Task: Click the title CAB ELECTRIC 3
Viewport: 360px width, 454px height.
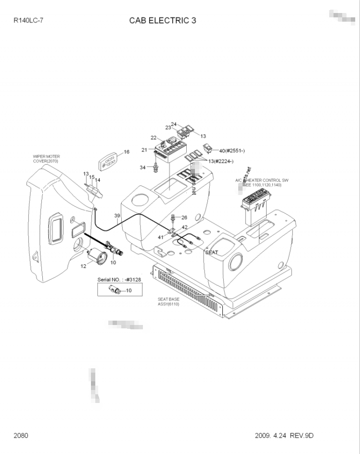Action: click(x=163, y=21)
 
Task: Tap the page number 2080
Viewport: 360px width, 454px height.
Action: click(x=21, y=436)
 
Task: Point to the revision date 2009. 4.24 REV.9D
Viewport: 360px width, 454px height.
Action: click(x=284, y=436)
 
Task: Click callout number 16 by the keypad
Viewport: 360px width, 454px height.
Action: click(x=127, y=152)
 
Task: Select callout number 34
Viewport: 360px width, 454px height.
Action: click(x=142, y=167)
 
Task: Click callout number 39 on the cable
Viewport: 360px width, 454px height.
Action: click(x=117, y=215)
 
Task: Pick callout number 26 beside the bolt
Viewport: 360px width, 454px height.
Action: click(x=184, y=218)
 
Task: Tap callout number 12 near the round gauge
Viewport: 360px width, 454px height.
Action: click(x=83, y=266)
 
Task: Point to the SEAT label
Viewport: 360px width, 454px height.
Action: click(x=212, y=252)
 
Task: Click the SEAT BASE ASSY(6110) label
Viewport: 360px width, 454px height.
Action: click(x=168, y=302)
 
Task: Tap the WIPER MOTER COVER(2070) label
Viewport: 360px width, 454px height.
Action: click(x=46, y=159)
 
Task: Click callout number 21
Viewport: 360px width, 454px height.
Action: click(x=144, y=150)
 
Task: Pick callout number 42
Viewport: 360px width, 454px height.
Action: click(x=184, y=227)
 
